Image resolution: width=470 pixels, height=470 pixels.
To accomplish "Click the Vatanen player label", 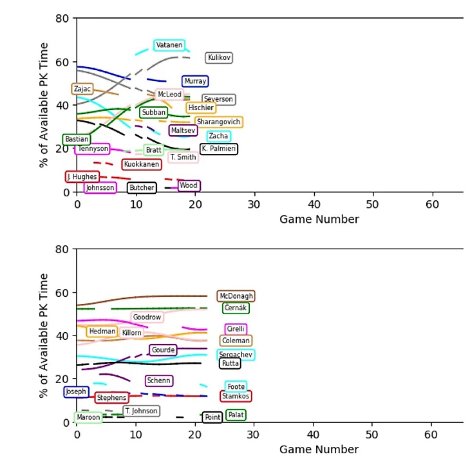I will (x=169, y=45).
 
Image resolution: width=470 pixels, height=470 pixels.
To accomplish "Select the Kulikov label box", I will (x=219, y=58).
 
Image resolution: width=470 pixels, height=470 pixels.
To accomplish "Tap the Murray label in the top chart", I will (x=195, y=81).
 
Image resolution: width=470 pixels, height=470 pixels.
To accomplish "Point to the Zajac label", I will (x=82, y=89).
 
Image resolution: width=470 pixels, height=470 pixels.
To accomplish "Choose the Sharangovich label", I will (x=218, y=122).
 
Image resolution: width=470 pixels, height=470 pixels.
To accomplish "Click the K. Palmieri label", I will (x=218, y=149).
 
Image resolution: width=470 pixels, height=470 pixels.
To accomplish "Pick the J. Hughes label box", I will (x=82, y=176).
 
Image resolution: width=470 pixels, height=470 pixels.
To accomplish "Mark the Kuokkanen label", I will (x=142, y=165).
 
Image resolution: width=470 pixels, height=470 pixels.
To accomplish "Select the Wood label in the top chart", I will (x=189, y=186).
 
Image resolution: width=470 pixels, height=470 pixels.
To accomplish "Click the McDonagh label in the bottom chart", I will (x=236, y=296).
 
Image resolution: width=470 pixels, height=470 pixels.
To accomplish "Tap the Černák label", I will (x=236, y=308).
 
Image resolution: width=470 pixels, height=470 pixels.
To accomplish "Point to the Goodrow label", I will (x=147, y=317).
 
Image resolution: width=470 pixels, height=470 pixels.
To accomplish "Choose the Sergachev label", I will (x=236, y=355).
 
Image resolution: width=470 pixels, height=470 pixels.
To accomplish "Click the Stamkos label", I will (x=236, y=396).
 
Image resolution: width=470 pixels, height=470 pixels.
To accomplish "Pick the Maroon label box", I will (x=88, y=417).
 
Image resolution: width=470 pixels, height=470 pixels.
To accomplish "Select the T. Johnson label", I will (x=141, y=411).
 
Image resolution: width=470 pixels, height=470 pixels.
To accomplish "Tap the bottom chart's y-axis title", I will (x=44, y=335).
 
